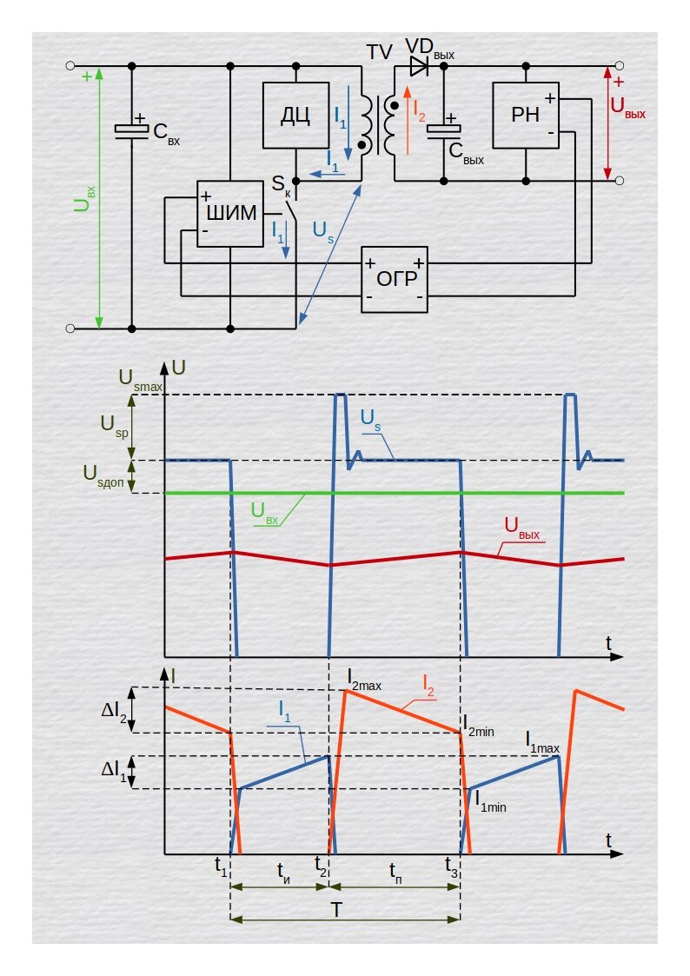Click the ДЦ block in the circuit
point(295,115)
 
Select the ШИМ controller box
point(230,214)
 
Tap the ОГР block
point(395,280)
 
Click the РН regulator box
point(526,115)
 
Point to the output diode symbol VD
point(420,65)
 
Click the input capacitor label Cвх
point(166,133)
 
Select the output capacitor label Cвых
point(466,152)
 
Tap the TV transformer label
point(379,52)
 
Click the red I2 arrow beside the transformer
point(407,120)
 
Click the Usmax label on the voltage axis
point(141,381)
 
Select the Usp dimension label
point(115,427)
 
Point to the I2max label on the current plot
point(364,680)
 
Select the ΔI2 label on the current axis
point(114,712)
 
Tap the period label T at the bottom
point(336,910)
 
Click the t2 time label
point(321,866)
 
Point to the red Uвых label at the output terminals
point(627,107)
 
